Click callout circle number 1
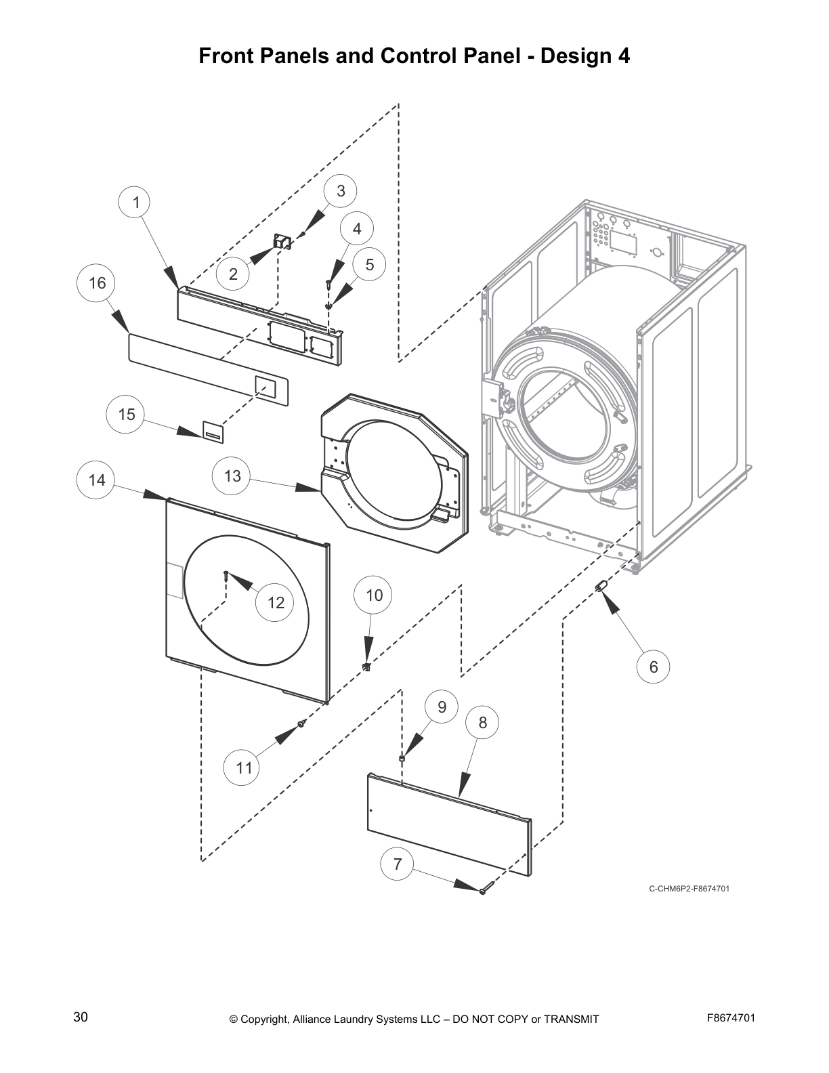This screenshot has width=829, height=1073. [136, 203]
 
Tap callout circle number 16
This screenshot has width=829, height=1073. [98, 282]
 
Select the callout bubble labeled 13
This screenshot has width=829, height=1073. [232, 476]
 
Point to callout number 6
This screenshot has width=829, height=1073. [654, 667]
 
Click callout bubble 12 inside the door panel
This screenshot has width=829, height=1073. [276, 602]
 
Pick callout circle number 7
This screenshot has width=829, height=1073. [398, 864]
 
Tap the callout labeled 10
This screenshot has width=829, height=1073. [374, 595]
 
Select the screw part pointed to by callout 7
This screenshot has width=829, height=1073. [483, 891]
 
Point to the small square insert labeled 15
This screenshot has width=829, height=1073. [213, 430]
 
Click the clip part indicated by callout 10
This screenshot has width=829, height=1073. [367, 667]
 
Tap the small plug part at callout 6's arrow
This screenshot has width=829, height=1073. [600, 586]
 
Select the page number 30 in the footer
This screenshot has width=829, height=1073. [81, 1017]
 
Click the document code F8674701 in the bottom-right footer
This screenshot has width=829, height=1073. [731, 1018]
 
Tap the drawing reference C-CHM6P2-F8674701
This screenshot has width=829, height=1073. [689, 889]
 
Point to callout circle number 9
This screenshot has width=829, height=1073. [442, 707]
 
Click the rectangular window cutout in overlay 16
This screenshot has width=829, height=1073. [265, 387]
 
